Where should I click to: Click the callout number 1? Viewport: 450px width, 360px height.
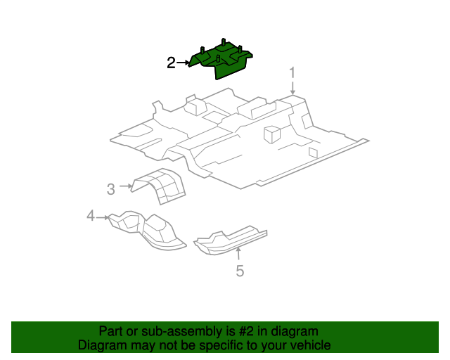[x=292, y=72]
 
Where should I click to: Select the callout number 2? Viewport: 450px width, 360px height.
[x=171, y=63]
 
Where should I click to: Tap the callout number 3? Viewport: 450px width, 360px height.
[x=111, y=189]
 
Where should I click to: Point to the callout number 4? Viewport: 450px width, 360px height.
[x=91, y=216]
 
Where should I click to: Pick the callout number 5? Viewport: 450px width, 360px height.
[x=240, y=271]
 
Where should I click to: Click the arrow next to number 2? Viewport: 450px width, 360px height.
[x=183, y=63]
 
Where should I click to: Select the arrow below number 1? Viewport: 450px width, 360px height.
[x=292, y=88]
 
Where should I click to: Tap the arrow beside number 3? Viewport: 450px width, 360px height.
[x=126, y=186]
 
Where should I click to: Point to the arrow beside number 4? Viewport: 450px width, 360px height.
[x=103, y=217]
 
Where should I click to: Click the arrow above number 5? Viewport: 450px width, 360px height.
[x=238, y=255]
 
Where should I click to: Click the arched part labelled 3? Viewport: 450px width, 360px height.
[x=160, y=185]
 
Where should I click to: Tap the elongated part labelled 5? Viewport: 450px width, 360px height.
[x=230, y=240]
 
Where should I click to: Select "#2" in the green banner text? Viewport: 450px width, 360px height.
[x=246, y=332]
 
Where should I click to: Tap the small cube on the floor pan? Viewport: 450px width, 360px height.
[x=271, y=134]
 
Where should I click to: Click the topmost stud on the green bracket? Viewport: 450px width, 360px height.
[x=224, y=41]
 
